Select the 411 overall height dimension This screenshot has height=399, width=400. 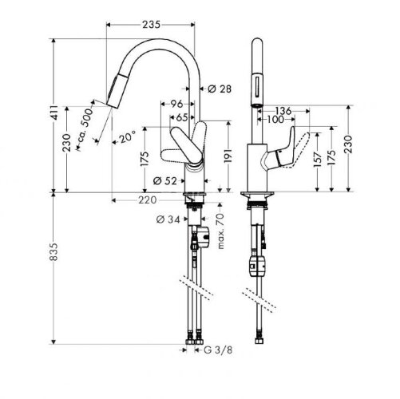(x=53, y=114)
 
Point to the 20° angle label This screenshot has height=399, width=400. (x=125, y=136)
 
